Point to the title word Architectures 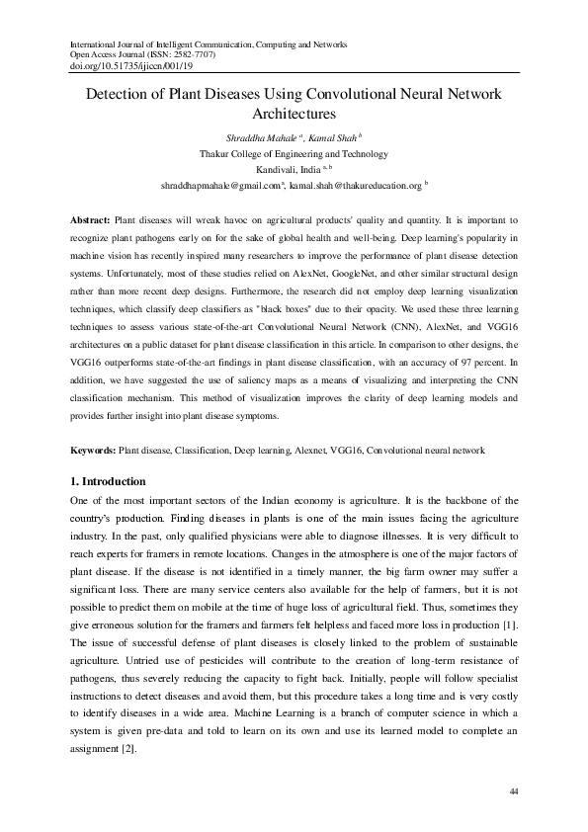pyautogui.click(x=294, y=115)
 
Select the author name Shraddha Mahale pyautogui.click(x=254, y=138)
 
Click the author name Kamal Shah pyautogui.click(x=333, y=138)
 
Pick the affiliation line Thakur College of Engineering pyautogui.click(x=294, y=154)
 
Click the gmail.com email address pyautogui.click(x=220, y=185)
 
